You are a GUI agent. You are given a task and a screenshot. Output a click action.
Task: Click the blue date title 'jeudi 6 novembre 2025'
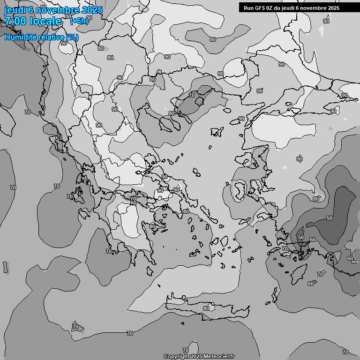pos(53,10)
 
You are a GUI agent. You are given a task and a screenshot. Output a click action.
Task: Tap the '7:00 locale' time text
pos(33,21)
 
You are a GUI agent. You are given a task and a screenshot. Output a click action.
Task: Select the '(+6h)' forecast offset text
pos(79,21)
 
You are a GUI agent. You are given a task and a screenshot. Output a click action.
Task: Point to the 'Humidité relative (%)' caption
pos(42,37)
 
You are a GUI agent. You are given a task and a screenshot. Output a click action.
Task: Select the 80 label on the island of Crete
pos(206,308)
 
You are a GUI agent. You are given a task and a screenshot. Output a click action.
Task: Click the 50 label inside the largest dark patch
pos(330,218)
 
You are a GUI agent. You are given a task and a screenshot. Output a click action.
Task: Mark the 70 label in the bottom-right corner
pos(345,352)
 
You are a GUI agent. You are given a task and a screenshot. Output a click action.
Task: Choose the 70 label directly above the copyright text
pos(186,350)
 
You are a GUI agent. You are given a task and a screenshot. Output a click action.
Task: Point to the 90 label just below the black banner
pos(326,21)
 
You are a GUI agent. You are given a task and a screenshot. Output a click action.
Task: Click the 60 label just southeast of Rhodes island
pos(311,284)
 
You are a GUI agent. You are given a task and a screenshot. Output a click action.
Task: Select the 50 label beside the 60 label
pos(301,238)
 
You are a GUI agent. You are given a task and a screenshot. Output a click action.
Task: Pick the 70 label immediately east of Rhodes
pos(320,274)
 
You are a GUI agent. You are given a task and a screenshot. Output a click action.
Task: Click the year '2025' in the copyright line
pos(196,357)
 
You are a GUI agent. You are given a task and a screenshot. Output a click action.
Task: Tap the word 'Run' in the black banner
pos(248,7)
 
